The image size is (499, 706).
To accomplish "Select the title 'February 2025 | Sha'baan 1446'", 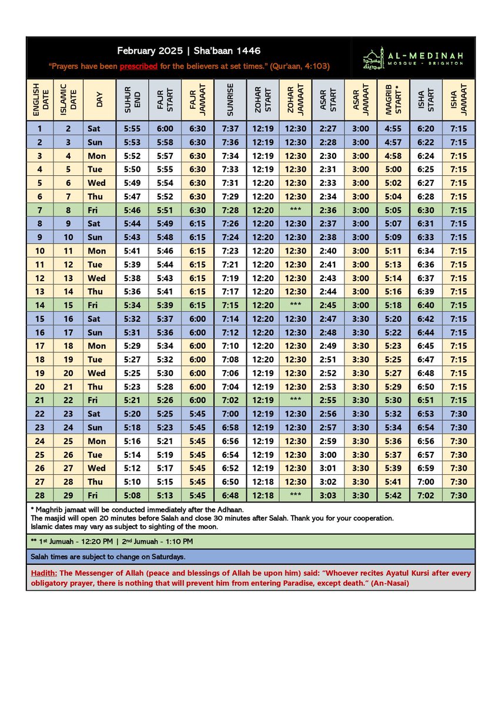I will click(189, 51).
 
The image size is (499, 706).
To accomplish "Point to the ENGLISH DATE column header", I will click(40, 99).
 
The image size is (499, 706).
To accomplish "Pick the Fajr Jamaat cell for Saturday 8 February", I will click(197, 224).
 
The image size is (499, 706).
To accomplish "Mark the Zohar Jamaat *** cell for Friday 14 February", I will click(296, 305).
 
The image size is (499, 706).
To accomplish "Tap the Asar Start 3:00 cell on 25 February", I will click(328, 455).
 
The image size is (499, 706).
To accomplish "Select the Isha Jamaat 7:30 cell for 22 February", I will click(458, 414).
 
